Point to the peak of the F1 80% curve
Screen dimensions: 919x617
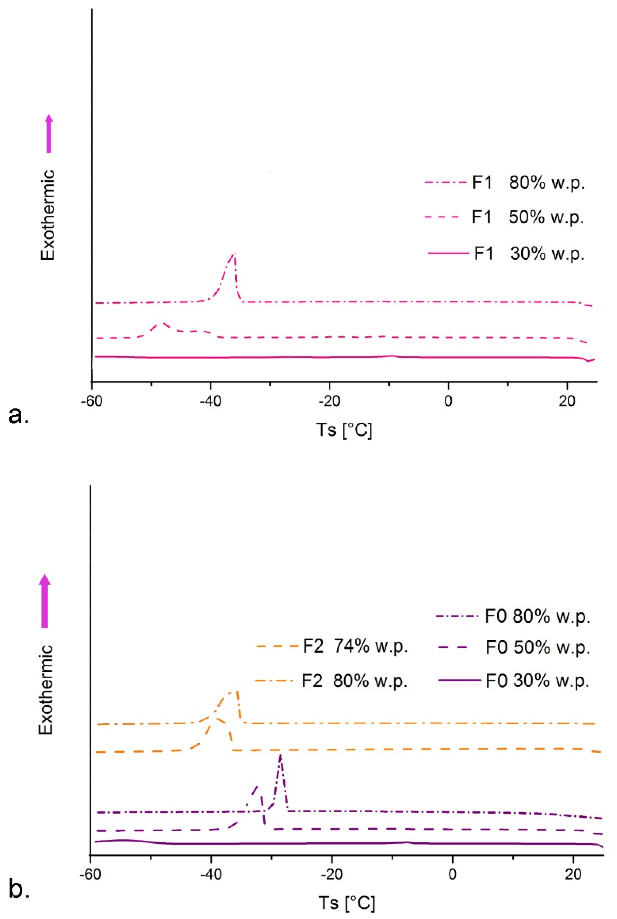pyautogui.click(x=234, y=254)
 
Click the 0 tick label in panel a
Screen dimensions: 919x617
pyautogui.click(x=448, y=401)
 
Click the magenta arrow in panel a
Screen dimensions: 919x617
pyautogui.click(x=49, y=134)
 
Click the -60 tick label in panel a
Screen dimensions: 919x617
pyautogui.click(x=91, y=401)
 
